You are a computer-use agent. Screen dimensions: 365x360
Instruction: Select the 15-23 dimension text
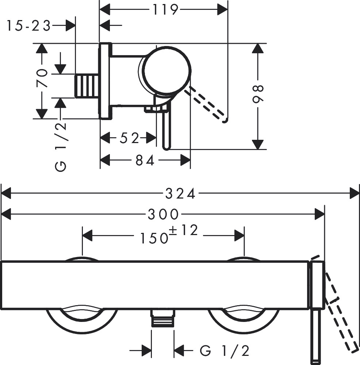[28, 26]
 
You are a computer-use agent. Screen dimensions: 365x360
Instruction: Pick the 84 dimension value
[145, 160]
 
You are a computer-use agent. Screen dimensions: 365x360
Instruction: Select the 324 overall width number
[180, 194]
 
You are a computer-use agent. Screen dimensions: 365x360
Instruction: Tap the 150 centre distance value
[154, 238]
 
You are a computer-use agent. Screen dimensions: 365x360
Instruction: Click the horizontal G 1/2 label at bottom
[225, 351]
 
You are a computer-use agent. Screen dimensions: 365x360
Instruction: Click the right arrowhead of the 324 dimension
[354, 193]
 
